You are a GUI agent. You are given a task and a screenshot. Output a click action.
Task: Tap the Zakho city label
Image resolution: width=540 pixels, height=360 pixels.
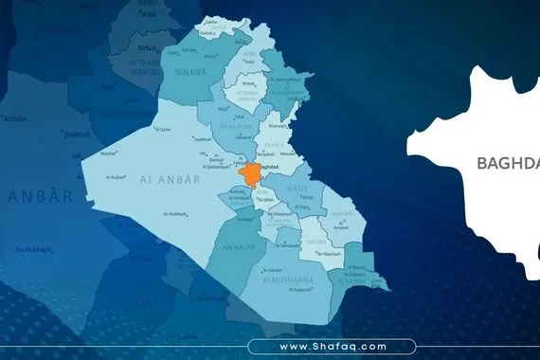tap(209, 20)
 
